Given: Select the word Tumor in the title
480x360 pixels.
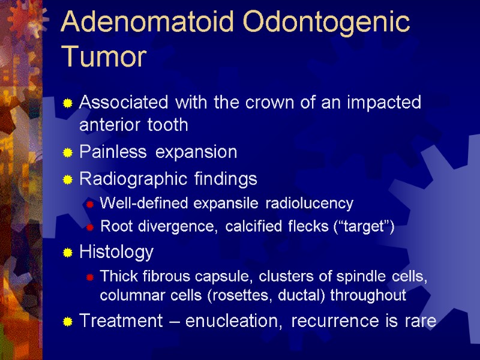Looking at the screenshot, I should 104,58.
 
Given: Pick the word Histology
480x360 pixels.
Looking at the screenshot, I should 116,252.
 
